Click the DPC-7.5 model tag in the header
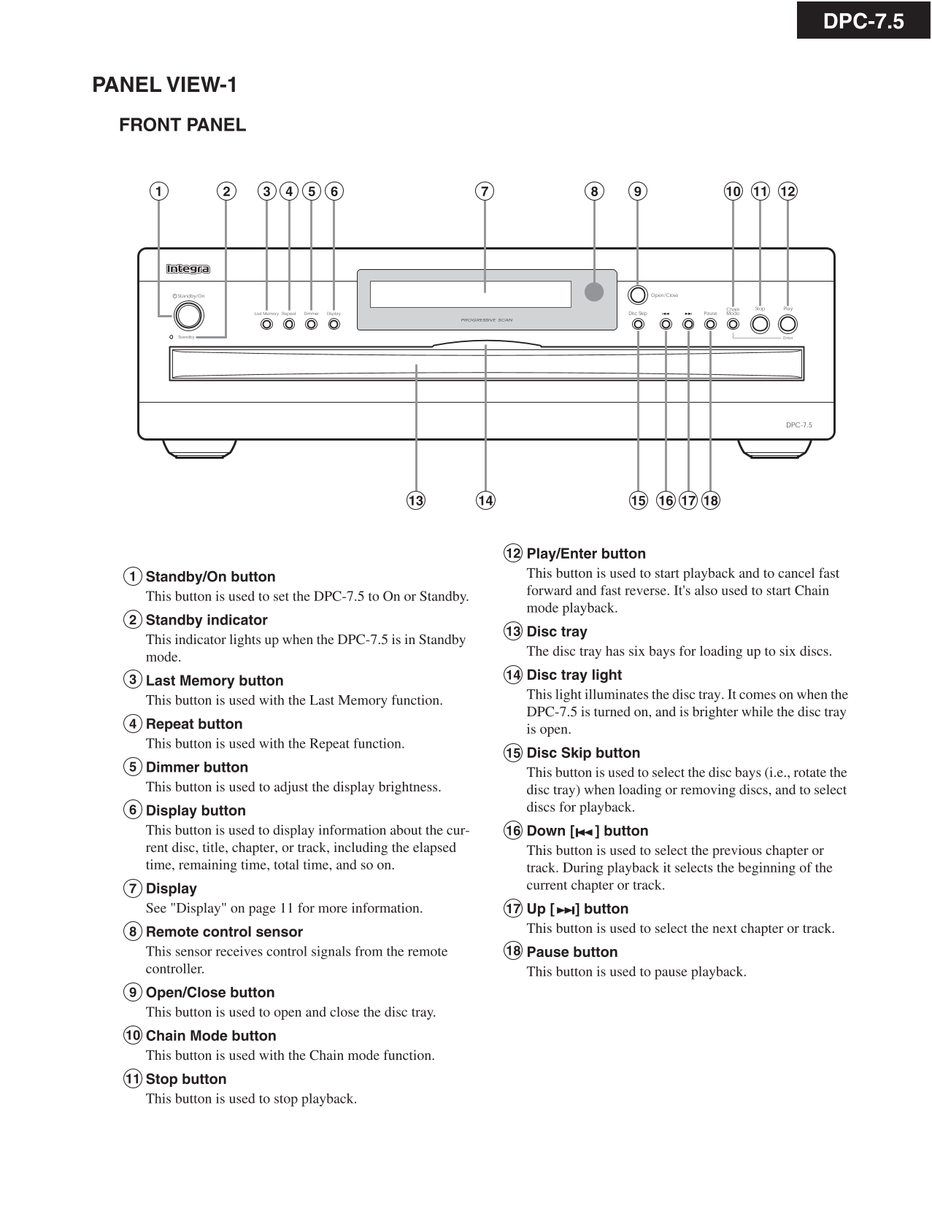(x=863, y=21)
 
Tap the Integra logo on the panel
(x=188, y=269)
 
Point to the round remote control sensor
(x=594, y=292)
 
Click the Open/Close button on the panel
(x=637, y=295)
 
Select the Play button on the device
(x=788, y=324)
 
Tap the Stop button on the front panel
(x=760, y=324)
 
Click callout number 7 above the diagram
(x=485, y=192)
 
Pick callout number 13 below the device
(x=416, y=500)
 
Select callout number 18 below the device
(x=710, y=500)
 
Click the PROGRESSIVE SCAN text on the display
(x=487, y=319)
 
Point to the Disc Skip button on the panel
(x=639, y=324)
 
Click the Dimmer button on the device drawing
(x=312, y=324)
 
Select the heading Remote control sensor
(x=224, y=931)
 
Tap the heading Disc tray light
(x=574, y=675)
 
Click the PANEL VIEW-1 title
(x=164, y=85)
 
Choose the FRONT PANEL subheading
(x=182, y=125)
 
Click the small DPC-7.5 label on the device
(x=798, y=425)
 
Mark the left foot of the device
(x=199, y=449)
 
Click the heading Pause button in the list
(x=571, y=952)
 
